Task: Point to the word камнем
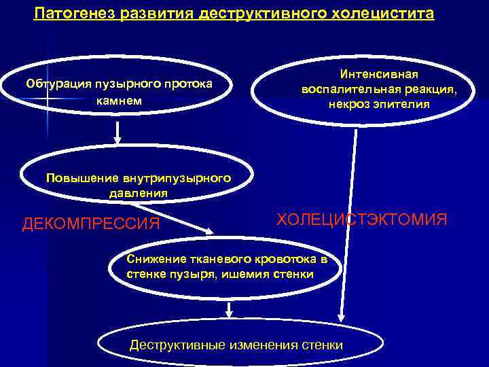pyautogui.click(x=120, y=101)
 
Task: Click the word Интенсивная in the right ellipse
pyautogui.click(x=380, y=74)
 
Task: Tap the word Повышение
pyautogui.click(x=82, y=179)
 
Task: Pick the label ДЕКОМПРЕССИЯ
pyautogui.click(x=91, y=224)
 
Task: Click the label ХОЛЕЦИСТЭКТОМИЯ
pyautogui.click(x=361, y=220)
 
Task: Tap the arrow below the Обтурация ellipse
pyautogui.click(x=117, y=133)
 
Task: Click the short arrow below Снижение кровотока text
pyautogui.click(x=230, y=309)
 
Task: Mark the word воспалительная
pyautogui.click(x=355, y=90)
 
